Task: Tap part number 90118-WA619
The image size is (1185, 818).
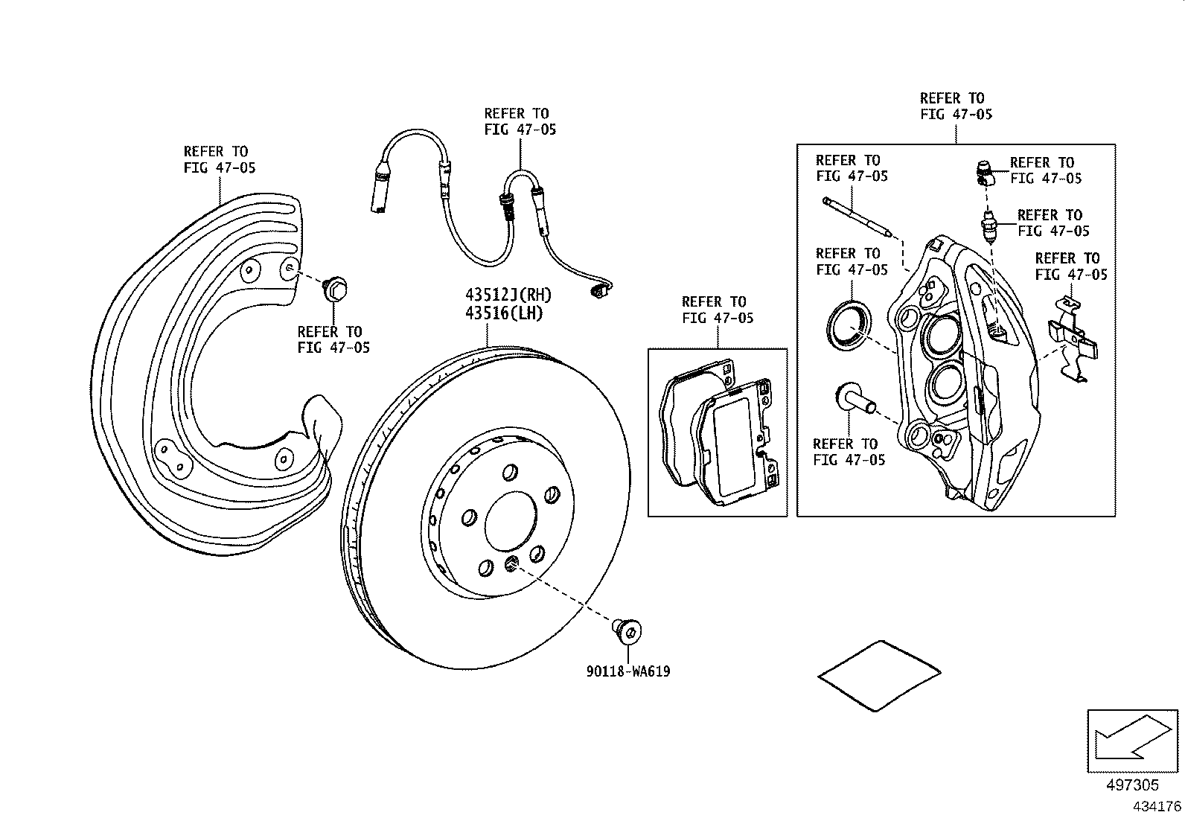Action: (x=627, y=672)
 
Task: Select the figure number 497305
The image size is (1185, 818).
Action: (x=1131, y=785)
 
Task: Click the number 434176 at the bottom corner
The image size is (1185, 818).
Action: (x=1156, y=807)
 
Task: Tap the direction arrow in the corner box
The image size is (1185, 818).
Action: (x=1131, y=740)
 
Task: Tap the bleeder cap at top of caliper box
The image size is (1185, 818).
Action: (x=984, y=173)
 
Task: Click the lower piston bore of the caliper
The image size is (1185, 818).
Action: (x=948, y=383)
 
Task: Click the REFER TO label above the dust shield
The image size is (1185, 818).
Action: (x=219, y=159)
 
